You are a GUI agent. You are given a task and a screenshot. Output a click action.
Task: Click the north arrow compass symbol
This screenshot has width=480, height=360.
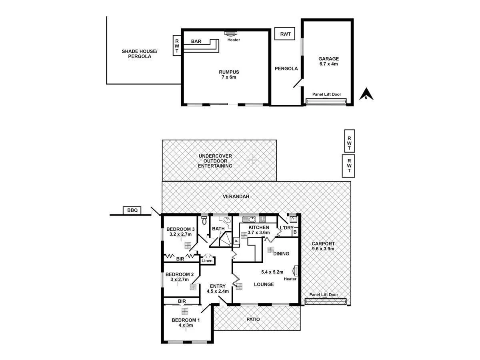click(366, 94)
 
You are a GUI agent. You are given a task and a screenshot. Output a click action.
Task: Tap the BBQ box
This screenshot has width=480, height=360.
click(132, 210)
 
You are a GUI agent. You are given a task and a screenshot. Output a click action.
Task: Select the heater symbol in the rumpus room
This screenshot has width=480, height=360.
click(231, 34)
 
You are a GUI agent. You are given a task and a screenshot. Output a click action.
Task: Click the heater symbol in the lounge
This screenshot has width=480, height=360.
click(296, 271)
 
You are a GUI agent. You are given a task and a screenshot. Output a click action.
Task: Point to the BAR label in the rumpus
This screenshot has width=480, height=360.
click(196, 41)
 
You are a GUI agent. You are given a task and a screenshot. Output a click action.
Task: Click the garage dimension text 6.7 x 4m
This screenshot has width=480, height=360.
click(328, 64)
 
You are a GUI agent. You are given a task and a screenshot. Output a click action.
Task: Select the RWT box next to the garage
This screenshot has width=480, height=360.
click(285, 34)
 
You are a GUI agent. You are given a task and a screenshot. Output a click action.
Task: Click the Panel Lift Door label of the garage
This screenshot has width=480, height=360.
click(326, 94)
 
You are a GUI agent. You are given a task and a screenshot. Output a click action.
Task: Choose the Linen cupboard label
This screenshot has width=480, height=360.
click(207, 260)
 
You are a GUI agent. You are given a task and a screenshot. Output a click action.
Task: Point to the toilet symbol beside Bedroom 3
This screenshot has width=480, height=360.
click(204, 220)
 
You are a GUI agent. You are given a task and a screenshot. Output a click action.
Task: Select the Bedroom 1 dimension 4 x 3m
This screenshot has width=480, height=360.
click(185, 325)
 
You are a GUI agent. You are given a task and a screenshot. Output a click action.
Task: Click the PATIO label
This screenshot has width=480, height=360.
click(253, 319)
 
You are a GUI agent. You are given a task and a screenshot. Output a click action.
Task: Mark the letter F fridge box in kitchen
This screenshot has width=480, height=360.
click(236, 241)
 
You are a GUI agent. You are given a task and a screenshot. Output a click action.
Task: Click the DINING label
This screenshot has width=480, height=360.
click(281, 254)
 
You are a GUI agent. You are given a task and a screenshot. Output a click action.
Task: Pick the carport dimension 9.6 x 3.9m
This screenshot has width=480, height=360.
click(323, 249)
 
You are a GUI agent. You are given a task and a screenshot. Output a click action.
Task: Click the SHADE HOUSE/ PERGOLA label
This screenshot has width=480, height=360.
click(140, 54)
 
